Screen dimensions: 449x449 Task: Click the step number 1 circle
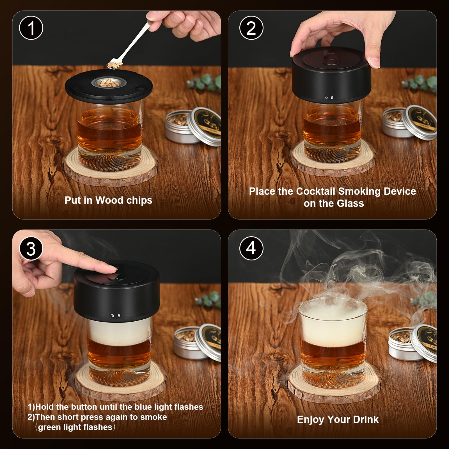(x=31, y=28)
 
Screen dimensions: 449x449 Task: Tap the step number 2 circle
(x=251, y=28)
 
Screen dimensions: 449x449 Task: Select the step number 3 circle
(x=31, y=249)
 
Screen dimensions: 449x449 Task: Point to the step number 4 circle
(x=251, y=248)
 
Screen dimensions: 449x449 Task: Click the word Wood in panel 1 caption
(x=109, y=200)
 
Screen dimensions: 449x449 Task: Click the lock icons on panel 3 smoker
(x=116, y=316)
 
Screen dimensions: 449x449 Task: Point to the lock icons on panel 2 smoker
(x=329, y=98)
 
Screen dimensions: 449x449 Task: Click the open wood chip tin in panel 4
(x=403, y=345)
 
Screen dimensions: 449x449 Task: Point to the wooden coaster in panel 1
(x=111, y=171)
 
